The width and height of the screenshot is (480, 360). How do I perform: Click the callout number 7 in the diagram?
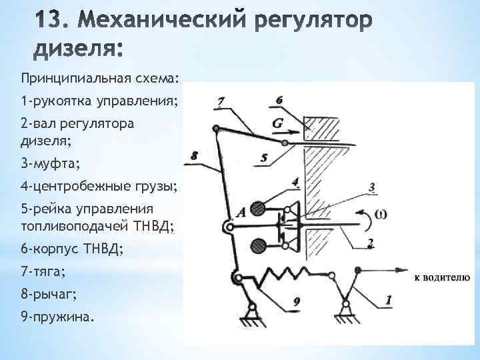tap(221, 103)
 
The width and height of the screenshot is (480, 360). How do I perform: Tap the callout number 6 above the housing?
tap(279, 99)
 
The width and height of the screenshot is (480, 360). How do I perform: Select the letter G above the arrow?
tap(279, 123)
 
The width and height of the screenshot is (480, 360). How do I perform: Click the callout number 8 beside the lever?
tap(194, 155)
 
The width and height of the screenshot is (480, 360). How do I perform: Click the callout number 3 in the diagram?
tap(371, 187)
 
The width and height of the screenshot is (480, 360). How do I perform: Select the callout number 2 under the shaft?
tap(371, 243)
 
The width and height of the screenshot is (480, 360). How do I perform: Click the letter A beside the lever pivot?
tap(240, 211)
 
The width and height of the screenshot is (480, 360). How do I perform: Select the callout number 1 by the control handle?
tap(389, 301)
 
